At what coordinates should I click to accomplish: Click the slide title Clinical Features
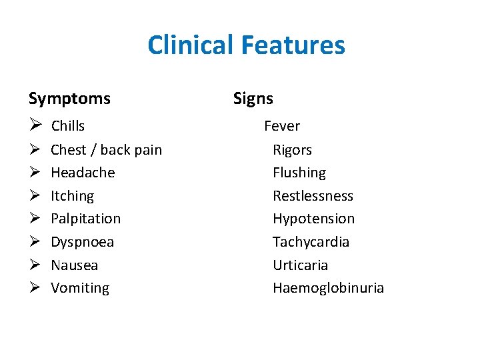tap(246, 45)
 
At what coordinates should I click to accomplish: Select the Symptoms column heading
tap(69, 99)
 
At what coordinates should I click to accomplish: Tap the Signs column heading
tap(253, 99)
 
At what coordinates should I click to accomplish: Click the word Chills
tap(68, 126)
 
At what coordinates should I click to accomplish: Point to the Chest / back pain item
tap(106, 150)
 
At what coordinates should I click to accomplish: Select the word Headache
tap(83, 173)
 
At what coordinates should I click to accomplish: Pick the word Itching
tap(72, 196)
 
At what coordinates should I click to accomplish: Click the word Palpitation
tap(85, 219)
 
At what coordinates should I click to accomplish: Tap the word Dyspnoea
tap(82, 242)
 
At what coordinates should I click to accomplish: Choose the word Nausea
tap(74, 265)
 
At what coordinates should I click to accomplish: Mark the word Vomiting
tap(80, 288)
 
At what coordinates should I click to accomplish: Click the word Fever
tap(282, 126)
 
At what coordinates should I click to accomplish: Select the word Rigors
tap(292, 150)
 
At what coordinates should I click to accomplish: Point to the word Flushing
tap(299, 173)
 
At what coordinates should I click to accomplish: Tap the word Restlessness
tap(313, 196)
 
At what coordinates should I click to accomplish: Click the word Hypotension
tap(313, 219)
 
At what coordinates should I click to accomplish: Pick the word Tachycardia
tap(311, 242)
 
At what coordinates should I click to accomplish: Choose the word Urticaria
tap(300, 265)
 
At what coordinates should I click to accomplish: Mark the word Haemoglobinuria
tap(328, 288)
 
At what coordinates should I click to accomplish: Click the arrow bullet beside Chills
tap(35, 126)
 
